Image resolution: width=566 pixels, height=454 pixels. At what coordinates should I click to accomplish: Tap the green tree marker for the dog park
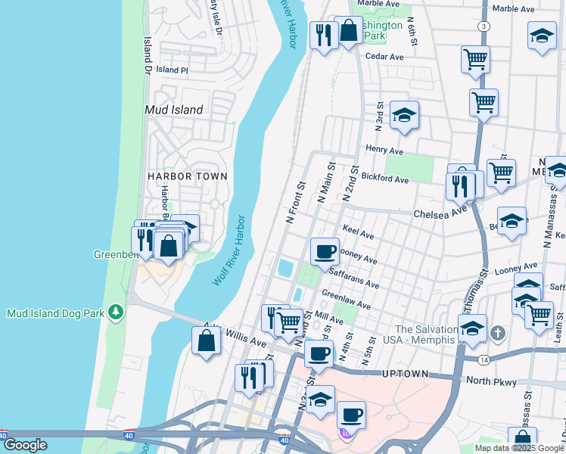pyautogui.click(x=115, y=312)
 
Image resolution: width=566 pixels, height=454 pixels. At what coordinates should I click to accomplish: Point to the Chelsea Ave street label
pyautogui.click(x=440, y=214)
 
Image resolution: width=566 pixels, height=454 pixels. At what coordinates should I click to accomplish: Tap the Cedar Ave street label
pyautogui.click(x=384, y=56)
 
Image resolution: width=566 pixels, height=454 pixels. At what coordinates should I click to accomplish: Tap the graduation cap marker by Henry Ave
pyautogui.click(x=404, y=115)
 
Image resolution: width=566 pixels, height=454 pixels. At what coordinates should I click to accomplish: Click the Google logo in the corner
pyautogui.click(x=25, y=446)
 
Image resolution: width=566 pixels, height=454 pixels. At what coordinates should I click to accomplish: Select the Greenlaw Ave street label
pyautogui.click(x=346, y=300)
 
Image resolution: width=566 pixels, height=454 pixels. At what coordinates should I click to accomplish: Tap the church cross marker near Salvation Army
pyautogui.click(x=497, y=332)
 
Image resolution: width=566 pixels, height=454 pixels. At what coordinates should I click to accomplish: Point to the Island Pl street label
pyautogui.click(x=173, y=70)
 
